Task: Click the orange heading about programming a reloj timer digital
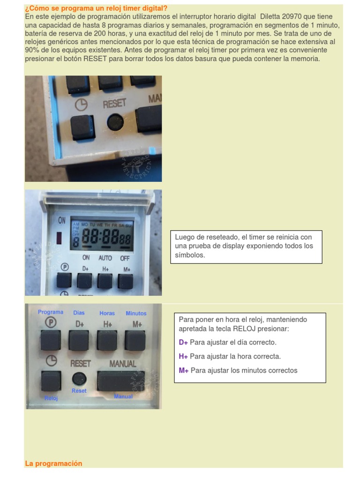96,8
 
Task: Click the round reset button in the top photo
115,122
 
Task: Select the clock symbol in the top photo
81,105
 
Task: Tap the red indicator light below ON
60,238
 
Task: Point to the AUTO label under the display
105,258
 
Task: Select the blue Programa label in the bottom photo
51,312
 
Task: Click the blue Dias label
79,313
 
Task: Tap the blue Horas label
107,313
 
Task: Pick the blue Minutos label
136,313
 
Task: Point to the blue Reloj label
51,398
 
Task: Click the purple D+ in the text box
183,342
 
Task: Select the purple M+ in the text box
184,370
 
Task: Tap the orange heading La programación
53,464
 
